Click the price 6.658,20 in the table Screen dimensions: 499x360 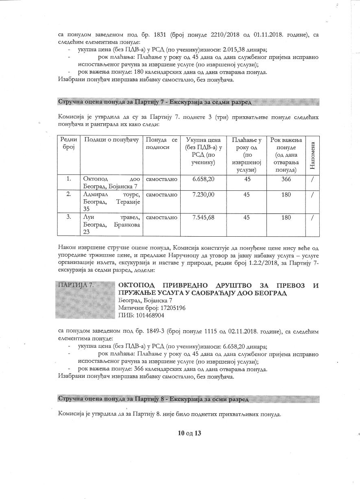pos(203,179)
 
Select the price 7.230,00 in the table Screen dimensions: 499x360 pos(203,194)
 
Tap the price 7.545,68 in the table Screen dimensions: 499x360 pos(203,218)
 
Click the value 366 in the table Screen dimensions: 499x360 pos(286,179)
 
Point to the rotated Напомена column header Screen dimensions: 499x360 pos(312,155)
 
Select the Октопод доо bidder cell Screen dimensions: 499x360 pos(111,182)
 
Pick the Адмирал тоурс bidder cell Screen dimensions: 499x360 pos(111,201)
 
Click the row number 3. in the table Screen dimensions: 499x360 pos(69,218)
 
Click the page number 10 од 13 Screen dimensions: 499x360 pos(190,433)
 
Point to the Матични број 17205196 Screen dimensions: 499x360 pos(152,308)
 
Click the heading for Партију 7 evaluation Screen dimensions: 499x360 pos(155,101)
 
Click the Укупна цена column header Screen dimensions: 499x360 pos(203,151)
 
